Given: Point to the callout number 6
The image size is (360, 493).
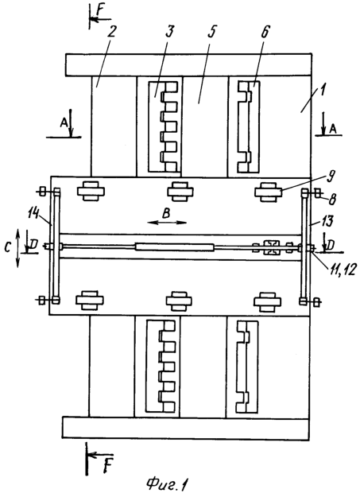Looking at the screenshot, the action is [x=265, y=31].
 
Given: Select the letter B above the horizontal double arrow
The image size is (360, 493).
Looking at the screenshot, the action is [x=166, y=213].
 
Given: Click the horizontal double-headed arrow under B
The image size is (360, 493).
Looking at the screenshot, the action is [x=167, y=223].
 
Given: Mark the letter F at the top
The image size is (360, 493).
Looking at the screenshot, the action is [x=100, y=10].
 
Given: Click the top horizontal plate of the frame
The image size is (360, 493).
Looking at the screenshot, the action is [x=188, y=64].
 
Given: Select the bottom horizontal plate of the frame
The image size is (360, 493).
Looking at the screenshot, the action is [x=185, y=427].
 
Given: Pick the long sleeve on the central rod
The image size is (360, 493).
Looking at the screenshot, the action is [x=175, y=246].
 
